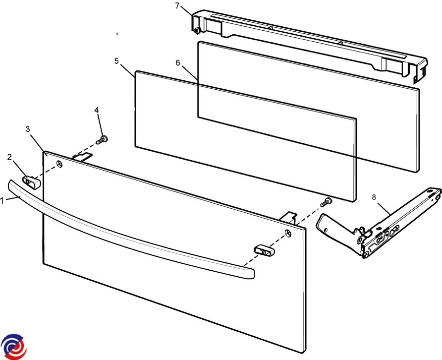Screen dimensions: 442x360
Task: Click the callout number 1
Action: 2,201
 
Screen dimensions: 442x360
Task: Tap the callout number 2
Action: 9,157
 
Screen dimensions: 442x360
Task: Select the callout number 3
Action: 28,129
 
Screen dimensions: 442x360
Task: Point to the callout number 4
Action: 97,110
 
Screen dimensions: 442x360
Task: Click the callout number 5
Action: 117,61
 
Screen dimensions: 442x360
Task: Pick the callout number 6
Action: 177,62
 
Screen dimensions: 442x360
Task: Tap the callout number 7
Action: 177,5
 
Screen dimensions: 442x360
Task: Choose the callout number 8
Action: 374,197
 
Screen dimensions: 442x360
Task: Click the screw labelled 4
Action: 102,140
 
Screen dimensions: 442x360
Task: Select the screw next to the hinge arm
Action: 327,201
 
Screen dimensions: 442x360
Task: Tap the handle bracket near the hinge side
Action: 265,250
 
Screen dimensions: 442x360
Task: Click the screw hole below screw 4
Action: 59,164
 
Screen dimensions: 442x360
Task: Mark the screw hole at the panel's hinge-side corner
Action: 288,234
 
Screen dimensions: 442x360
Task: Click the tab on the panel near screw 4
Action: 83,156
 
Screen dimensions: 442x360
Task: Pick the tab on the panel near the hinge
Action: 287,217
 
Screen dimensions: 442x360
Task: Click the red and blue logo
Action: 13,347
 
